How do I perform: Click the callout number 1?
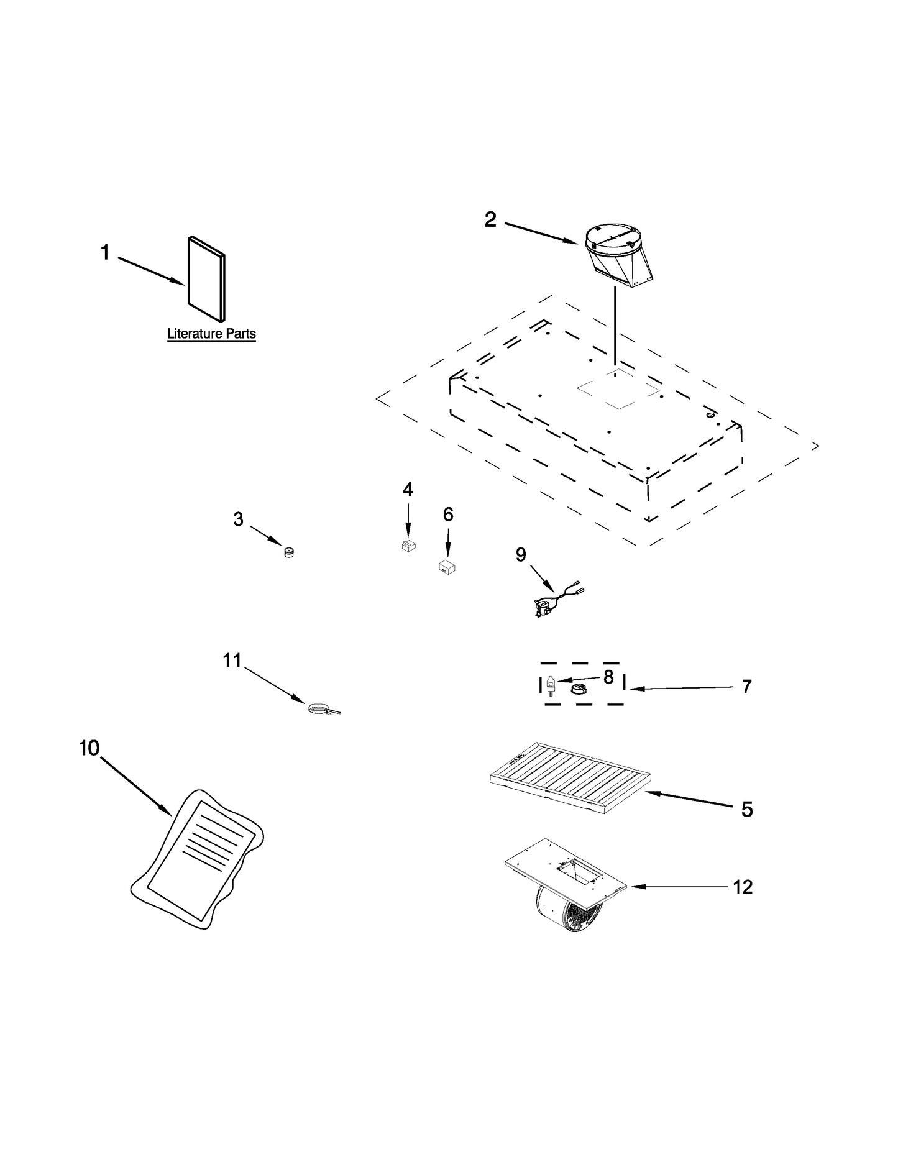105,252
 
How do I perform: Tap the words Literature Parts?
211,334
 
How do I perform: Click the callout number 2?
490,219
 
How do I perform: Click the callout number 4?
407,490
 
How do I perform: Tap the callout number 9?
521,554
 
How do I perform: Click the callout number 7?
746,687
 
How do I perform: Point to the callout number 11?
232,661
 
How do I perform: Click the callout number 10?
89,748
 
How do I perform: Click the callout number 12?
743,887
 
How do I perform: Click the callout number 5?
746,809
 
